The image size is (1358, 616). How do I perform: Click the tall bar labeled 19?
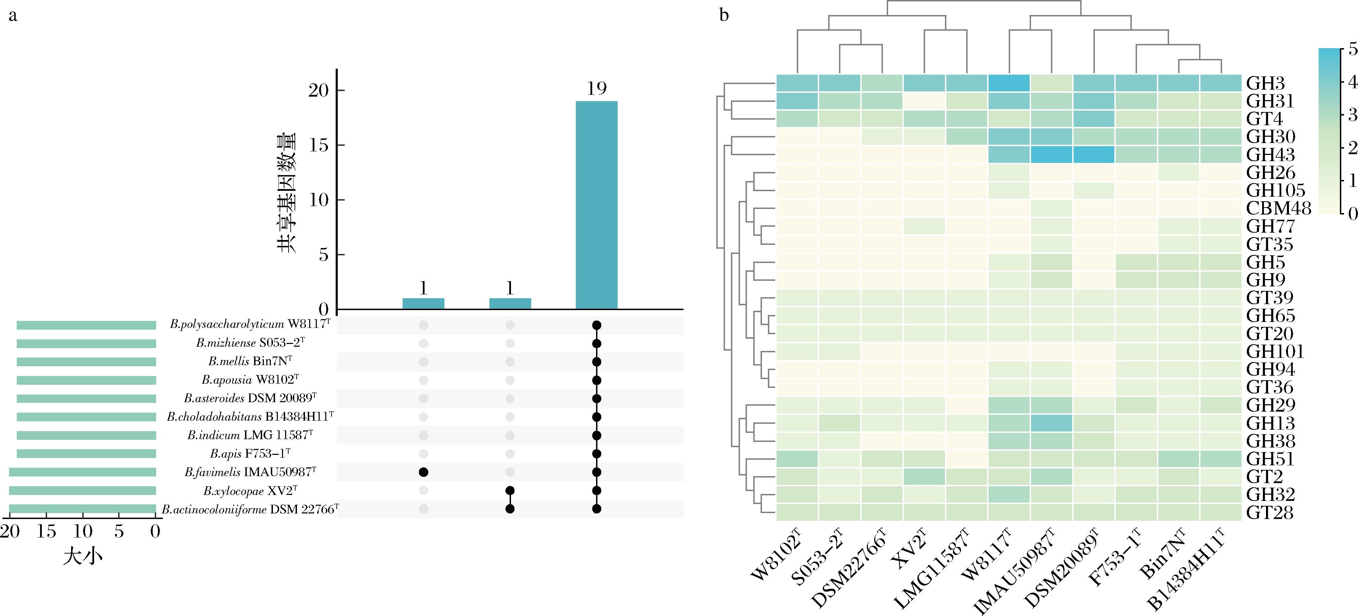[596, 205]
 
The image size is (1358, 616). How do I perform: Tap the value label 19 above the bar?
[597, 89]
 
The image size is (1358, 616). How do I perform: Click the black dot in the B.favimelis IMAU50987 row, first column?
[423, 472]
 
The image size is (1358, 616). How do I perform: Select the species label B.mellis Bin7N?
[250, 362]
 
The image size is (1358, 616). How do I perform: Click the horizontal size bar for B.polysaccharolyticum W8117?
[86, 325]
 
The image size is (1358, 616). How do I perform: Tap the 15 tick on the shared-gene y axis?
[319, 145]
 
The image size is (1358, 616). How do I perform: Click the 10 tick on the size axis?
[83, 531]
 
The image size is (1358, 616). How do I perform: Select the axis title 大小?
[83, 556]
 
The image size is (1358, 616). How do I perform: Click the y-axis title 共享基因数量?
[286, 193]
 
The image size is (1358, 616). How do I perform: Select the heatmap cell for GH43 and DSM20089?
[1094, 155]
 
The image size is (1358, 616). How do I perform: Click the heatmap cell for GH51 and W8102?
[797, 459]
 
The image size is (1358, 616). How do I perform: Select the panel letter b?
[724, 16]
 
